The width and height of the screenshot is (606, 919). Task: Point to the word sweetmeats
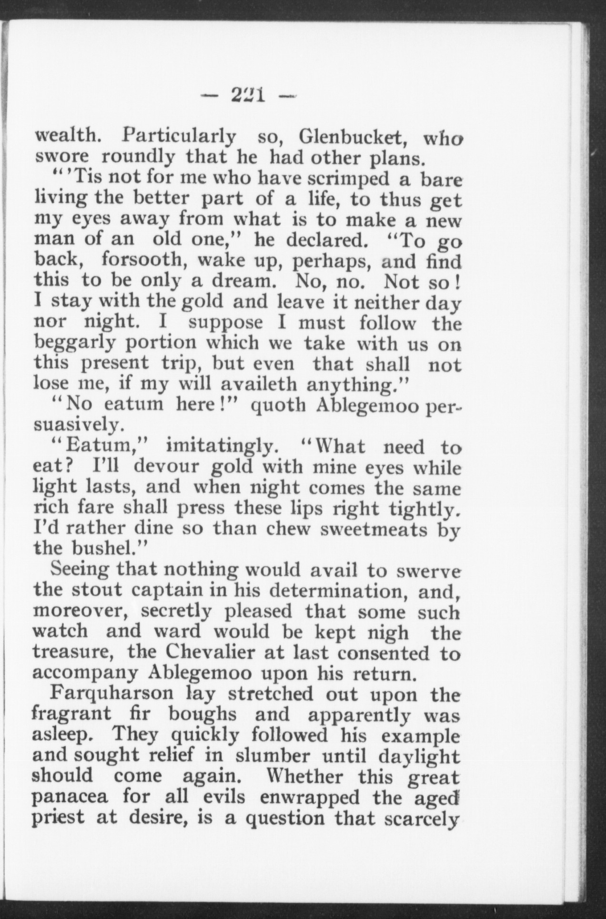374,529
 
